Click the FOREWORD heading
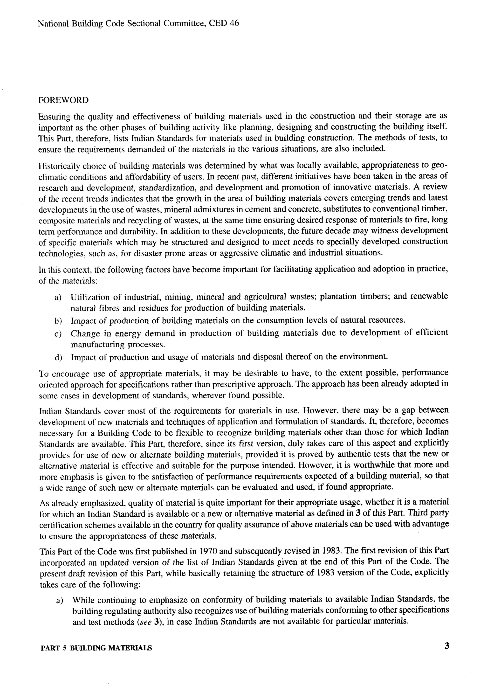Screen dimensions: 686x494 tap(63, 100)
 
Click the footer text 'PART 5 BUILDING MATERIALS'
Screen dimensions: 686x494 tap(96, 648)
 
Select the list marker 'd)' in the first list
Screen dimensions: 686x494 tap(58, 358)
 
